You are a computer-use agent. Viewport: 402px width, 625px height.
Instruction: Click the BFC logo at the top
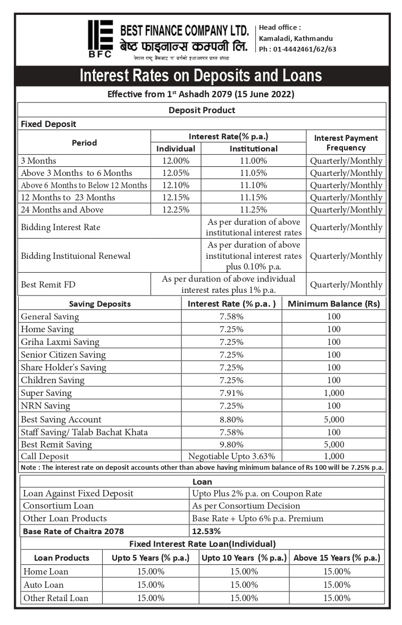(100, 38)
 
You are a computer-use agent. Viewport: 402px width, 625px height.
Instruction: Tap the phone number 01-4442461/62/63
(297, 49)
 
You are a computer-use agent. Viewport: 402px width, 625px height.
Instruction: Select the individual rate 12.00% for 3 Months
(175, 161)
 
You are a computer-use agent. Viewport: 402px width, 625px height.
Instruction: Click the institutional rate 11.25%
(253, 209)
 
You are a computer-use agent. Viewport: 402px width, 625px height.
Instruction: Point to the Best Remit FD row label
(48, 284)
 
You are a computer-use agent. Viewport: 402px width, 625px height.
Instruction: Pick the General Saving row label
(49, 316)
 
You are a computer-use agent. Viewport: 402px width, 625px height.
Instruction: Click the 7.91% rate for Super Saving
(231, 393)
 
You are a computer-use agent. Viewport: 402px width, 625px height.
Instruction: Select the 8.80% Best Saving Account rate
(231, 419)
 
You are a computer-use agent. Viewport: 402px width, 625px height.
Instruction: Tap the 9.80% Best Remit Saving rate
(231, 444)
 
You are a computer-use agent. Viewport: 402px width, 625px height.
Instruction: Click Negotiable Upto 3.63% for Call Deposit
(231, 456)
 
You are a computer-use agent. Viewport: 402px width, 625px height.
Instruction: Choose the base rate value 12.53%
(206, 530)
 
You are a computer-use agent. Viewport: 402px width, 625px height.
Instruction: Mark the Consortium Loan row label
(58, 505)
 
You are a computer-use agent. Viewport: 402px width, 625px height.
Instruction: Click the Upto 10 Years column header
(244, 558)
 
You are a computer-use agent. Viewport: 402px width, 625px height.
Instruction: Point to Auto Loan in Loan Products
(43, 585)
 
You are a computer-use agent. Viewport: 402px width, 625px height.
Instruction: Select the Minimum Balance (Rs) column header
(334, 304)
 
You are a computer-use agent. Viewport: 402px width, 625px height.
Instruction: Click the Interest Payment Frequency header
(346, 142)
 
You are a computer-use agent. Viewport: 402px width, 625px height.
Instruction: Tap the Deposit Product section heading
(202, 110)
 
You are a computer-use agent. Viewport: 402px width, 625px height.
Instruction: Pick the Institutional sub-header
(253, 149)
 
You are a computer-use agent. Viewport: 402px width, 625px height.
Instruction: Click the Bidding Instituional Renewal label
(75, 256)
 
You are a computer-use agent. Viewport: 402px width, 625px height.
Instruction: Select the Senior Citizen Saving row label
(63, 354)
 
